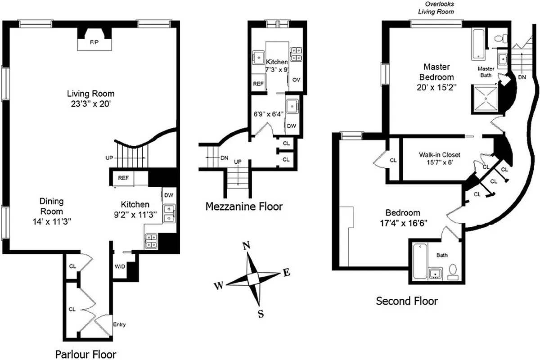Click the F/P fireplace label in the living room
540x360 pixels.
tap(94, 42)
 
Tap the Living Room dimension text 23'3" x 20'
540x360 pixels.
tap(91, 103)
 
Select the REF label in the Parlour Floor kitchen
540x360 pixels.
tap(123, 178)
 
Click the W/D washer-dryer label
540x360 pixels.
tap(120, 266)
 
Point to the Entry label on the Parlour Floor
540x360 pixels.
tap(119, 324)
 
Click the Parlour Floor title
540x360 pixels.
tap(85, 354)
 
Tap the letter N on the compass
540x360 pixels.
tap(246, 246)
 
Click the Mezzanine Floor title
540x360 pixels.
tap(244, 207)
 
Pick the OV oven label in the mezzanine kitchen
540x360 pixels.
tap(296, 80)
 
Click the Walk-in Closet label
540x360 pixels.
tap(439, 155)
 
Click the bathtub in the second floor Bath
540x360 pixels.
tap(419, 261)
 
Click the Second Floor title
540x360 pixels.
tap(406, 301)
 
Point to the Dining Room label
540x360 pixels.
tap(51, 206)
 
